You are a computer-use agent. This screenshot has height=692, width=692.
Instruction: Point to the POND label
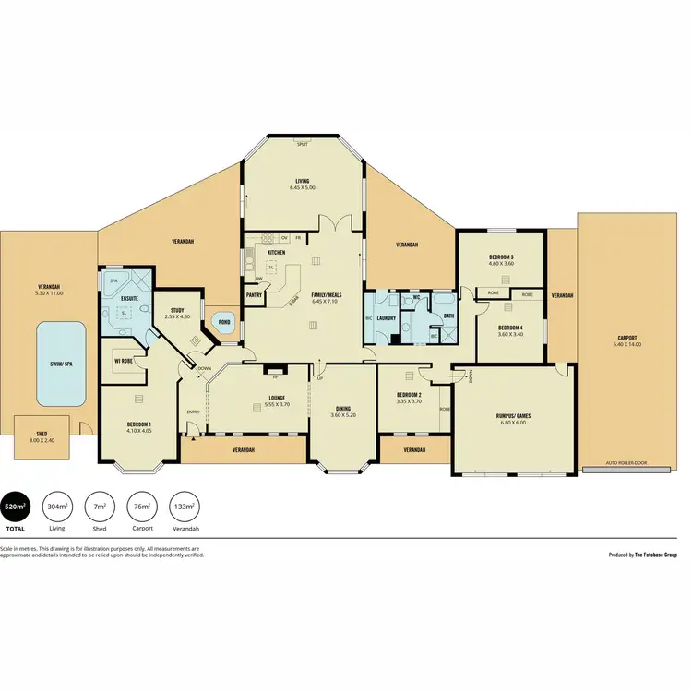click(223, 321)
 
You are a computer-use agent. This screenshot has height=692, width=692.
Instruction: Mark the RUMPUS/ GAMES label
click(511, 414)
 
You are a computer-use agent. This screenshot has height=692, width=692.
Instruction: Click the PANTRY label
click(254, 295)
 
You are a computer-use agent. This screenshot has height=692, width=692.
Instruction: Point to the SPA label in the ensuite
click(113, 279)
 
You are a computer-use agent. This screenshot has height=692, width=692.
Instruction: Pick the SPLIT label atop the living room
click(302, 144)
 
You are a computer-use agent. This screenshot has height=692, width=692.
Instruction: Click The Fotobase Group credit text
click(656, 555)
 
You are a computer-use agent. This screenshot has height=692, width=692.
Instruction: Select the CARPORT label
click(627, 339)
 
